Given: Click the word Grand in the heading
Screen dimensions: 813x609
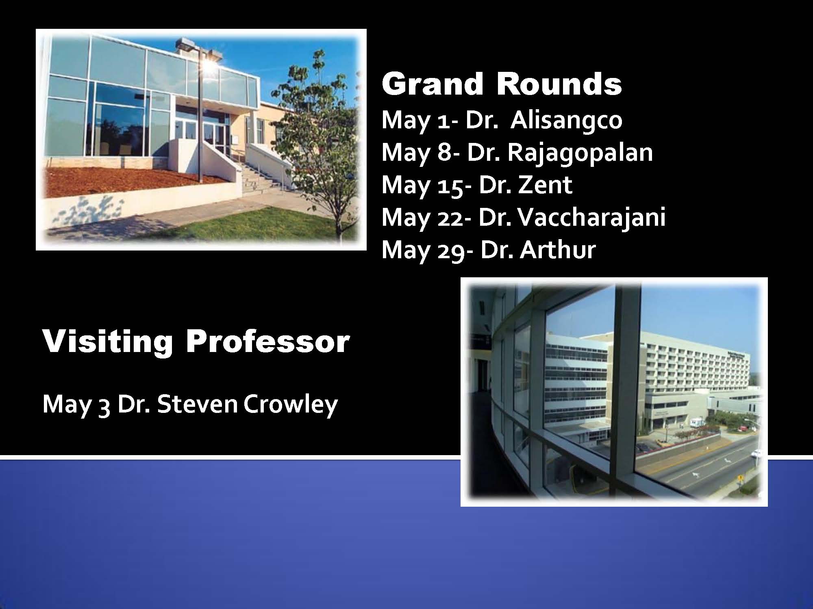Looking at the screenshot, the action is pos(433,84).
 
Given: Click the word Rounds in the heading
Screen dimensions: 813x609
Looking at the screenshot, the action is pos(559,84).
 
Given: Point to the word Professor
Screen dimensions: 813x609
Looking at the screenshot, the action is pos(267,341).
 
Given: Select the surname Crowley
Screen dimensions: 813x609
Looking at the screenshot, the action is pos(291,405).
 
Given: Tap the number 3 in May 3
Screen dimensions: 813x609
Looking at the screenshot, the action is pos(104,407).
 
